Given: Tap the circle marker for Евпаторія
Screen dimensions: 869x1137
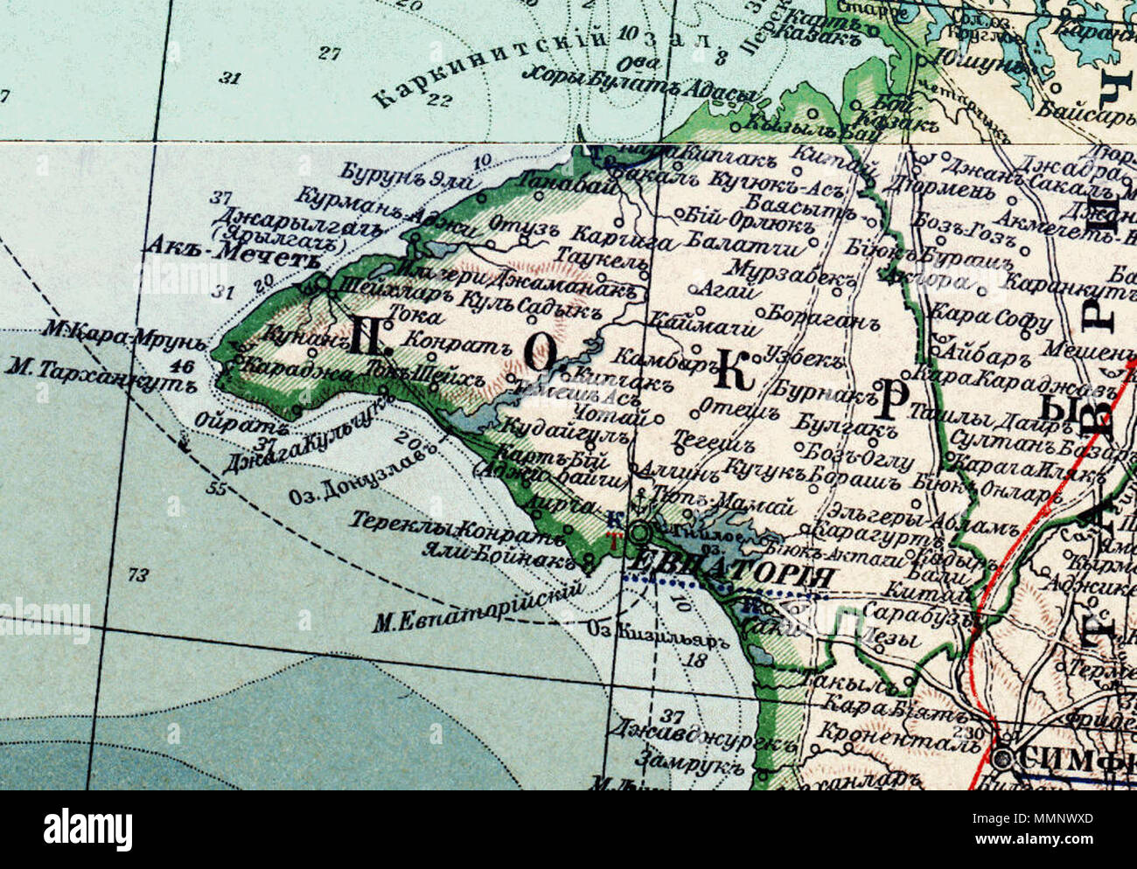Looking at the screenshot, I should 641,531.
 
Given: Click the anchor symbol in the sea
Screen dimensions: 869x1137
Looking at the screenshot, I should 185,441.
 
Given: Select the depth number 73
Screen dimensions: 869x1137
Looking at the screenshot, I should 138,574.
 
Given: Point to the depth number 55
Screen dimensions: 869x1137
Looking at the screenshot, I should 216,487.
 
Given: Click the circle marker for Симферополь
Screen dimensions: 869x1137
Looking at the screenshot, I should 1004,756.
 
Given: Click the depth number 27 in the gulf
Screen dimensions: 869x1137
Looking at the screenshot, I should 329,53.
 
